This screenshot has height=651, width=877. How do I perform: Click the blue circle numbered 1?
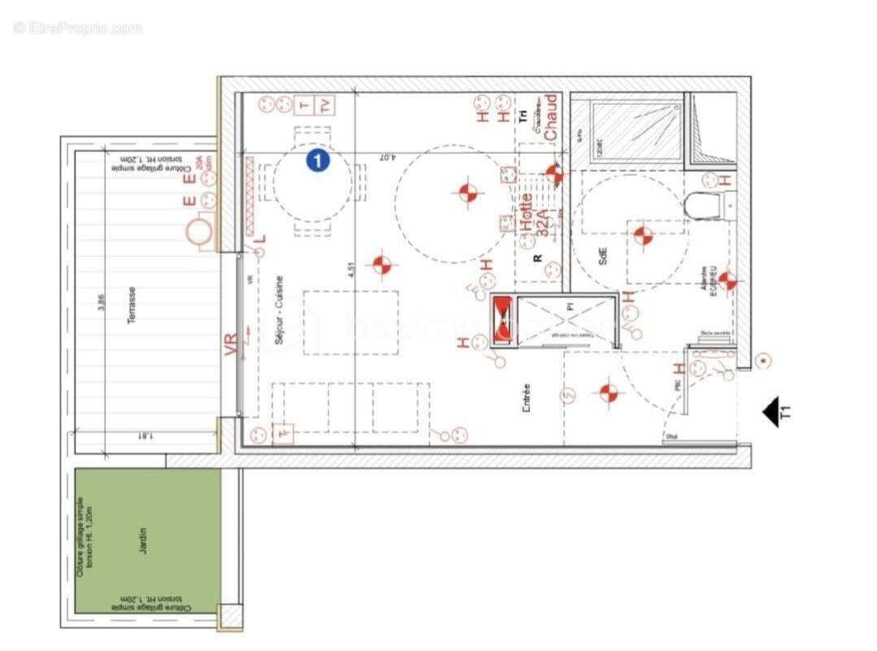tap(317, 160)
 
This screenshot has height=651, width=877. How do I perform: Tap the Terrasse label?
tap(131, 305)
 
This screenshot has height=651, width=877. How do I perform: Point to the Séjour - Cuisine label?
tap(279, 313)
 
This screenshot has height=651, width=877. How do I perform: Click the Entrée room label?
tap(526, 400)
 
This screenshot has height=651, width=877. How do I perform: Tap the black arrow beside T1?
tap(770, 412)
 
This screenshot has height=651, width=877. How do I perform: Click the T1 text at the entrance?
tap(787, 412)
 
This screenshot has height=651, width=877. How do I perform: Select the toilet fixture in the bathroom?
tap(703, 207)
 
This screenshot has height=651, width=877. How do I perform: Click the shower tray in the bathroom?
tap(637, 130)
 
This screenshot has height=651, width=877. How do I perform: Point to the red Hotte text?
tap(526, 214)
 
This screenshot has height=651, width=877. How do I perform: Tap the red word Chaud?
tap(551, 116)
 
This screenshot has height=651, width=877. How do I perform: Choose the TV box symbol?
tap(325, 107)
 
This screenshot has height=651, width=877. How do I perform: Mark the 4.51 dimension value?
tap(351, 270)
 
